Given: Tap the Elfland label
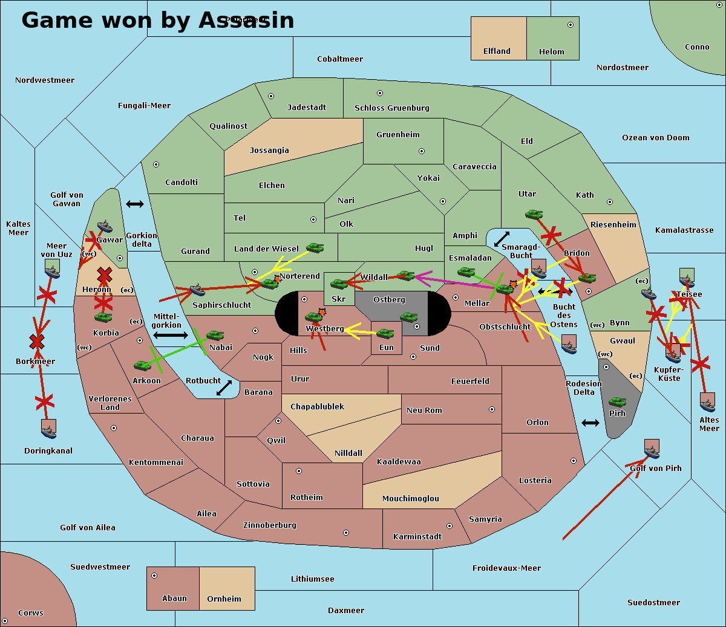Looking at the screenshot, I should tap(497, 51).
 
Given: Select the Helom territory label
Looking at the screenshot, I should tap(551, 52).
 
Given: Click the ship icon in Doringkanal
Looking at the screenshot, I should tap(49, 429).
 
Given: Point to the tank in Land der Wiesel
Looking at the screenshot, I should tap(315, 247).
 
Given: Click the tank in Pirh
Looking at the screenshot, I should tap(617, 401).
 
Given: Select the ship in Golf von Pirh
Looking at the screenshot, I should tap(651, 449).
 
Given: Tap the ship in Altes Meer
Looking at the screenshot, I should tap(707, 402).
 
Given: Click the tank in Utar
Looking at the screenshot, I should tap(534, 214).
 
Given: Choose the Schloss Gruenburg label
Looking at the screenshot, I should tap(391, 108).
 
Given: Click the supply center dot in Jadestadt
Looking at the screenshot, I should tap(271, 96).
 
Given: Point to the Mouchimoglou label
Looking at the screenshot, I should tap(410, 499).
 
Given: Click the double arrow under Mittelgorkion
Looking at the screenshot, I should tap(171, 335).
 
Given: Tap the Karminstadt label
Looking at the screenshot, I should tap(417, 537).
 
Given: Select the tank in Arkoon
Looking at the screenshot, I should tap(143, 365).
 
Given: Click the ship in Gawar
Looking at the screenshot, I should tap(105, 227).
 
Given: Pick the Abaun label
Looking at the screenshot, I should tap(174, 599).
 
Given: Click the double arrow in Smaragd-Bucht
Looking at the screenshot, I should tap(502, 239).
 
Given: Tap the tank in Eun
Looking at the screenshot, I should tap(385, 333).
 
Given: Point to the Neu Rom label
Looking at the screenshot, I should tap(424, 411).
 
